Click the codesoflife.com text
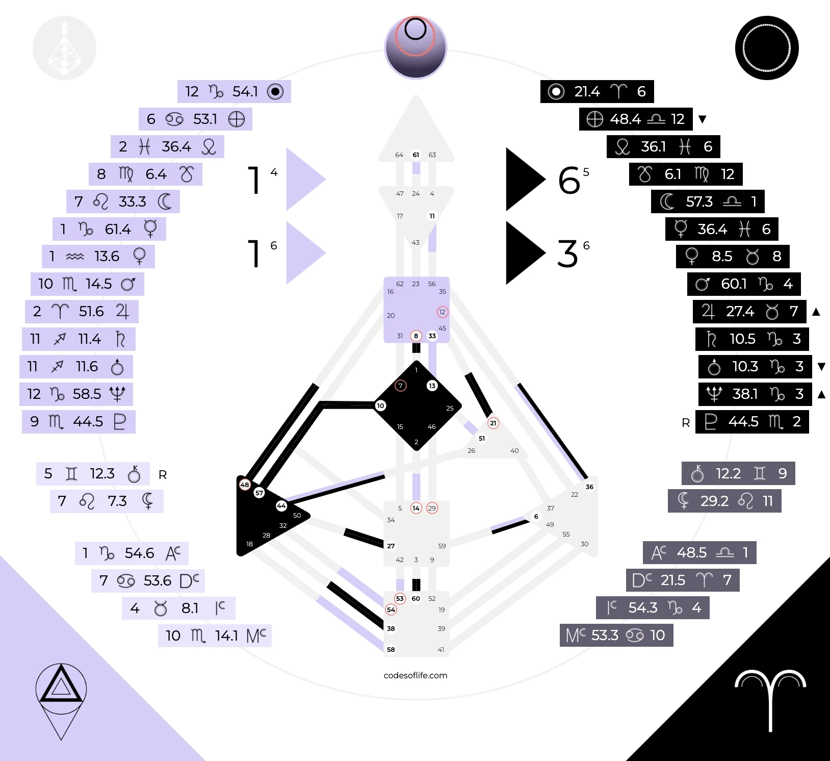[415, 675]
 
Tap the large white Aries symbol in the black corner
[770, 699]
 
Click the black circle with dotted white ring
[767, 48]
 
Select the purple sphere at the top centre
[416, 48]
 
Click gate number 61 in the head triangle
[416, 155]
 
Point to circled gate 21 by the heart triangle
[493, 423]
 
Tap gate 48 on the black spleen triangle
[245, 485]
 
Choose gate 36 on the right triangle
[589, 487]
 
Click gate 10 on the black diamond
[380, 406]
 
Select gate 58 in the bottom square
[391, 649]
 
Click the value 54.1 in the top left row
[245, 92]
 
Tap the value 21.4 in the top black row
[587, 92]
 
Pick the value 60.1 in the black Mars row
[734, 284]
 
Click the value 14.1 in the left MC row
[226, 636]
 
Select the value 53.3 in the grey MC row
[605, 635]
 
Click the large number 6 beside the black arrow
[569, 181]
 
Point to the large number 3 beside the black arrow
[567, 254]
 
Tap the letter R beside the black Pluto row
[686, 423]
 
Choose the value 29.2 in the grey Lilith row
[714, 501]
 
